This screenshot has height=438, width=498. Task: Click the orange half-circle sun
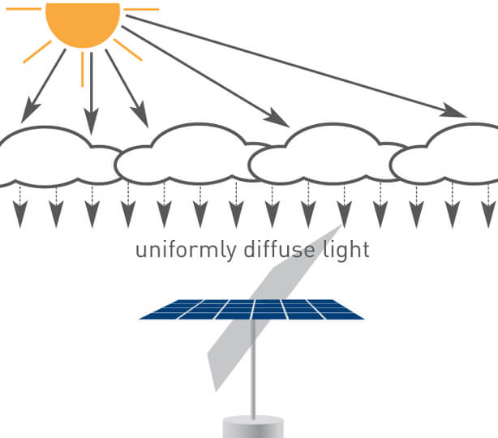pos(83,24)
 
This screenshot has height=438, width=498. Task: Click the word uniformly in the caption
pos(186,251)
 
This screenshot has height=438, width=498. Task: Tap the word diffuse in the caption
pos(280,249)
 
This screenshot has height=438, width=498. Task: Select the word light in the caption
pos(346,251)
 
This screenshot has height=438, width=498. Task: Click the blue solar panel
pos(251,309)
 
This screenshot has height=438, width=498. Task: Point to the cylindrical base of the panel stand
pos(253,427)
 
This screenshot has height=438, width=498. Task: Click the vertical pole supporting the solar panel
pos(253,368)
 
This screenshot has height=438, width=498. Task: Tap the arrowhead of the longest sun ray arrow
pos(453,111)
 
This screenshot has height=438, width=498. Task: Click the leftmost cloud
pos(57,157)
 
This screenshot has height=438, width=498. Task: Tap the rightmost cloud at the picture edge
pos(444,154)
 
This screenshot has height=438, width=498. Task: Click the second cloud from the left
pos(191,154)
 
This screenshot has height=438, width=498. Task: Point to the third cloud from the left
pos(327,154)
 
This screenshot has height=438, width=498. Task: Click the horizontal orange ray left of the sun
pos(24,9)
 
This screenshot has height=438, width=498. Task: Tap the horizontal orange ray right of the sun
pos(141,9)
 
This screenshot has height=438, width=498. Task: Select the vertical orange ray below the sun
pos(82,69)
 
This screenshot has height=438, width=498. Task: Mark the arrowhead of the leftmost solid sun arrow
pos(29,110)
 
